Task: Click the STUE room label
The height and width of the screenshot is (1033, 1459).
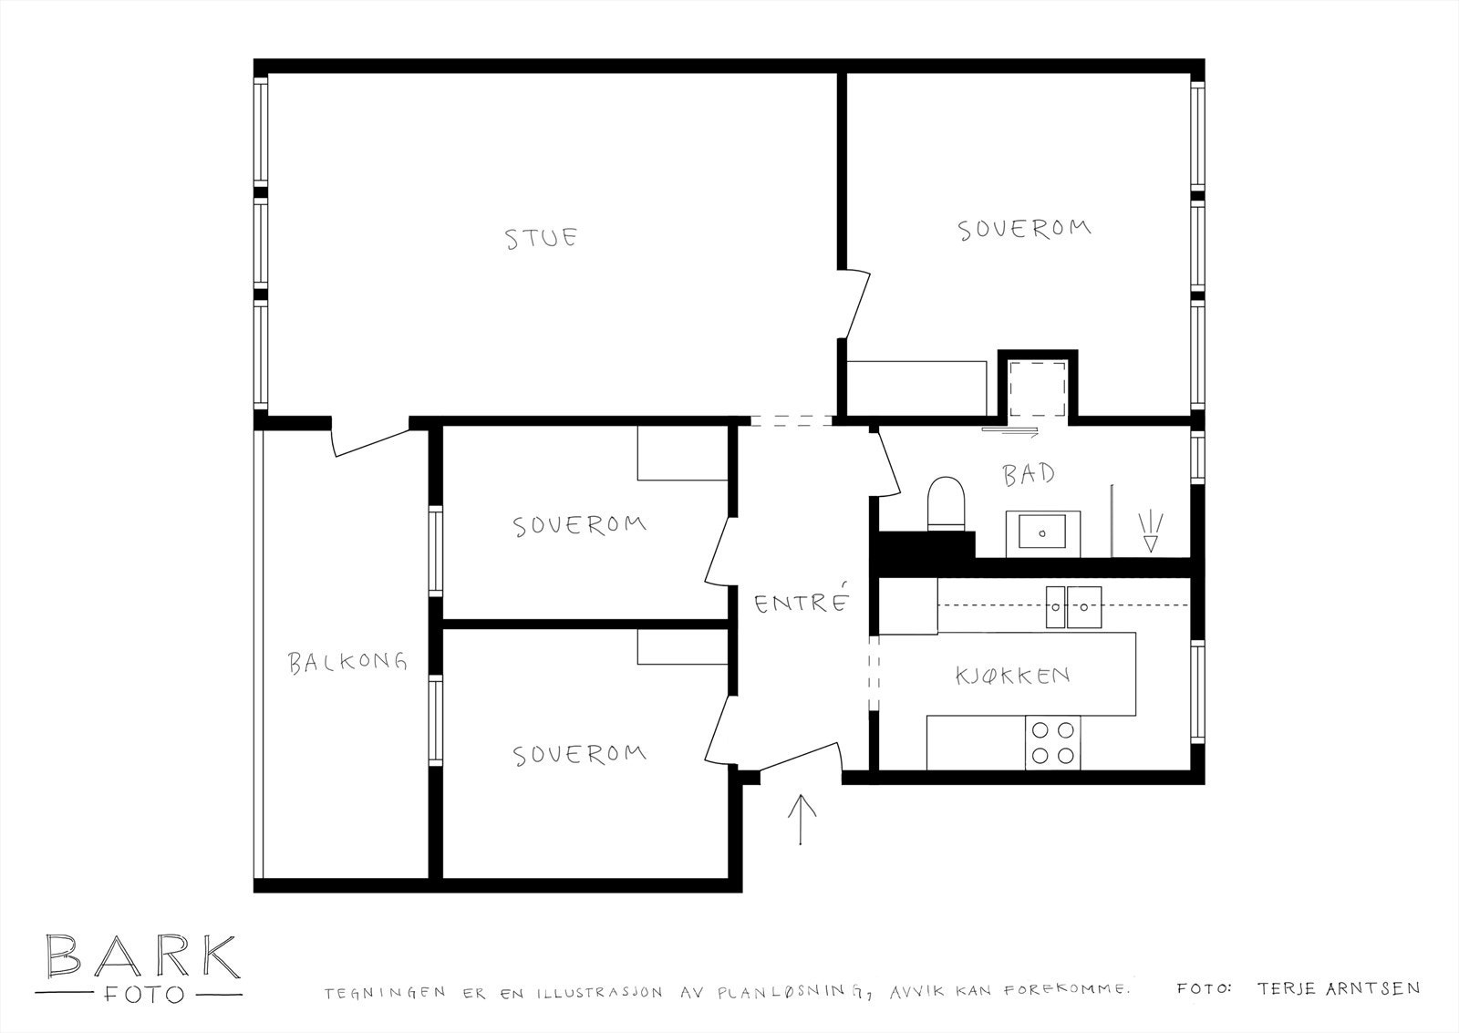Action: (x=542, y=238)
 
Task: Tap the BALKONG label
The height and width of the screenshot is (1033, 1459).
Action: (x=347, y=663)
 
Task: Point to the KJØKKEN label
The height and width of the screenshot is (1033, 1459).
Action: (x=1013, y=676)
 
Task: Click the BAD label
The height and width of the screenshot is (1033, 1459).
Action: (x=1029, y=473)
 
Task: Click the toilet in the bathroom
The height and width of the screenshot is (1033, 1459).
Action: (x=946, y=504)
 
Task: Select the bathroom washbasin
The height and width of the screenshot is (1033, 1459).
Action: (x=1043, y=534)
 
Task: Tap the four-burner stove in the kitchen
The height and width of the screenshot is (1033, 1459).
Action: (x=1052, y=742)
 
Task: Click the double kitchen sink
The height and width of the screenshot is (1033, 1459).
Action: (x=1073, y=607)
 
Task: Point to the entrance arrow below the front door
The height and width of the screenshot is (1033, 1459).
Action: (x=802, y=820)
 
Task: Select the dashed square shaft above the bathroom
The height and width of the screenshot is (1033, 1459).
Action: (x=1038, y=388)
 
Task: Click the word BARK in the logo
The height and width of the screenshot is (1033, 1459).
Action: (x=142, y=956)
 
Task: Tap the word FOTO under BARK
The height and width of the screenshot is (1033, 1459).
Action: (x=143, y=995)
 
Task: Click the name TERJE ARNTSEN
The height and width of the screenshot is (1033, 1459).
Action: (x=1339, y=988)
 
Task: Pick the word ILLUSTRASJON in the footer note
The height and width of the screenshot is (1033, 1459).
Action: (x=599, y=993)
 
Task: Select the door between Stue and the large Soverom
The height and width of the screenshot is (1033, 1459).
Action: (x=854, y=305)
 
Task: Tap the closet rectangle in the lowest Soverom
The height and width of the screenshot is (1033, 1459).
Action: (x=682, y=646)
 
